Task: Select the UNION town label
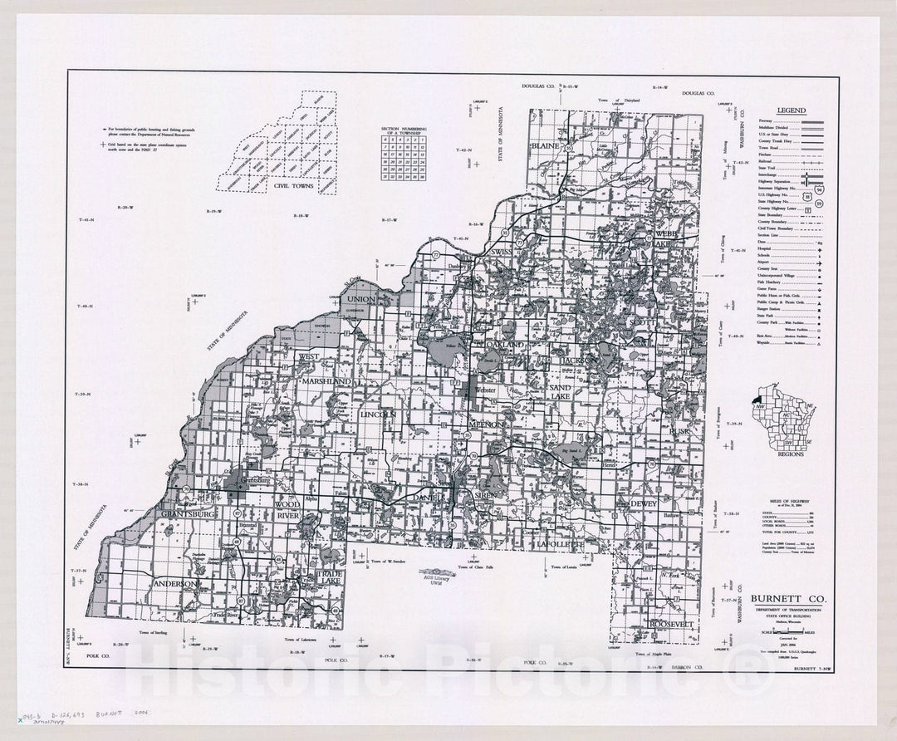coord(361,298)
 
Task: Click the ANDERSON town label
coord(174,584)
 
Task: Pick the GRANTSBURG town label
coord(189,514)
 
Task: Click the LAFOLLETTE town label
coord(561,543)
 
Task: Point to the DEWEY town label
coord(643,503)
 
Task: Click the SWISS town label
coord(503,251)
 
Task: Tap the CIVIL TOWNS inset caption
coord(294,186)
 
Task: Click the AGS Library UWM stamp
coord(437,574)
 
